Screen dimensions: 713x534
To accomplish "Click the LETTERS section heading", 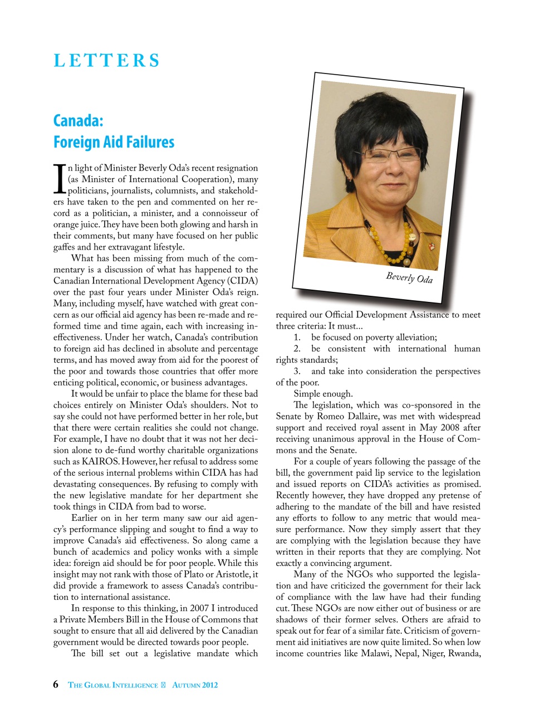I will pyautogui.click(x=106, y=60).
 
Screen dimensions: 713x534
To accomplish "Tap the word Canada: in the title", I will pyautogui.click(x=79, y=120).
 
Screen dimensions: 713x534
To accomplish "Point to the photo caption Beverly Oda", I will pyautogui.click(x=409, y=277).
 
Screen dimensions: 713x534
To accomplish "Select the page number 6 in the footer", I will pyautogui.click(x=56, y=685).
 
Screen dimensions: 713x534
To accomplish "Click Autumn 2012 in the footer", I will pyautogui.click(x=195, y=685).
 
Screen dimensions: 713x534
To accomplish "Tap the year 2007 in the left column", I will pyautogui.click(x=199, y=608).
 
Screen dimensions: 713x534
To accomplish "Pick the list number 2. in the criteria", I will pyautogui.click(x=297, y=349).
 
